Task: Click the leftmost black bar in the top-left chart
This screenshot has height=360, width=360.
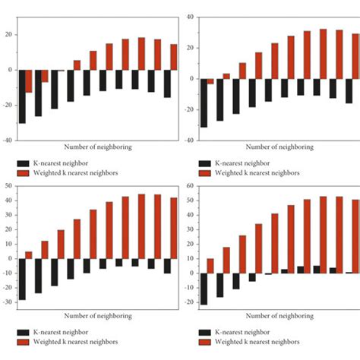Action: (22, 96)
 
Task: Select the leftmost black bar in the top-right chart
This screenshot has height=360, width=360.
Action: (203, 103)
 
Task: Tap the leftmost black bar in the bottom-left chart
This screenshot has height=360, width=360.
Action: (22, 279)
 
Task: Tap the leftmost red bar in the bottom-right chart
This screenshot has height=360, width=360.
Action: (210, 266)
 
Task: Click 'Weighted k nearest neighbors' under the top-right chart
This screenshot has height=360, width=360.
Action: (263, 174)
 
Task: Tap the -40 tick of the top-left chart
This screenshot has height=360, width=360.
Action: (7, 141)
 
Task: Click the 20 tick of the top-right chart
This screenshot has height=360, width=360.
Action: (190, 47)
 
